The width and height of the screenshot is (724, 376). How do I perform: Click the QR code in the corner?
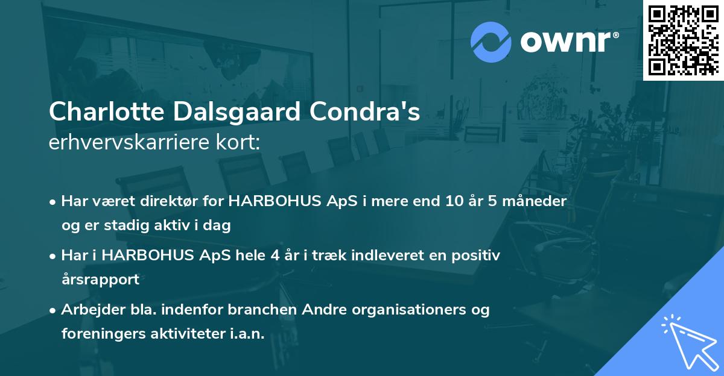[x=684, y=40]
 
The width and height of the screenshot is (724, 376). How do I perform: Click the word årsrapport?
[x=100, y=280]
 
